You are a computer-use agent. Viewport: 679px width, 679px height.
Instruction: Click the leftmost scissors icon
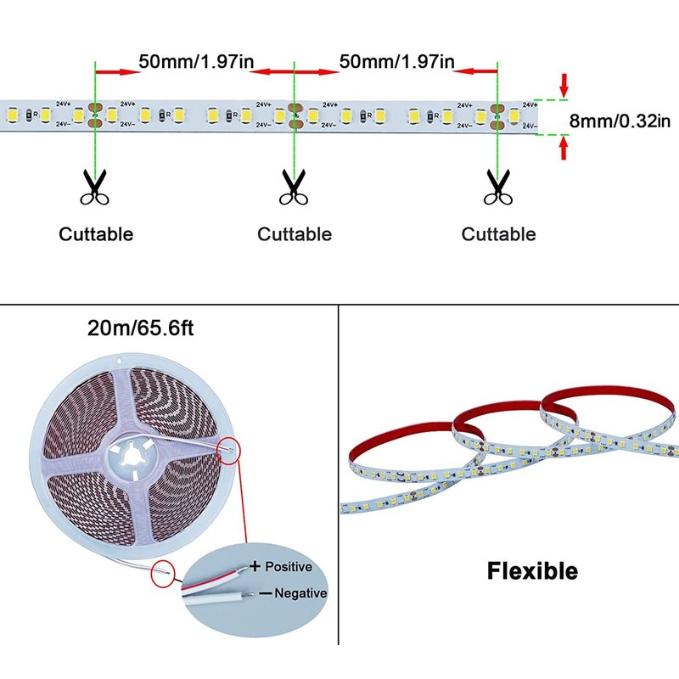pos(95,188)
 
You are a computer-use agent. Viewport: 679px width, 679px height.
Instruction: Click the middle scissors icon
pos(294,188)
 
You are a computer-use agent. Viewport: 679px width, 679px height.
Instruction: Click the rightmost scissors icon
pos(498,188)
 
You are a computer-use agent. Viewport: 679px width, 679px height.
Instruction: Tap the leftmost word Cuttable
pos(96,234)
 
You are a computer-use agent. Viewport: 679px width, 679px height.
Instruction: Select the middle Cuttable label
pos(295,234)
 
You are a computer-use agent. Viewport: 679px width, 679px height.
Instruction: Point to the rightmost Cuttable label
pos(499,234)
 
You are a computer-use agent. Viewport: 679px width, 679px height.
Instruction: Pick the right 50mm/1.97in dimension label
pos(396,61)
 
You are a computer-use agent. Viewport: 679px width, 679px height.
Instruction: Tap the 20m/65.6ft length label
pos(140,328)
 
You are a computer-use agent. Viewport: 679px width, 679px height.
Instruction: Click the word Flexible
pos(532,571)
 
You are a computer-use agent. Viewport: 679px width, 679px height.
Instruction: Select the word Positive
pos(289,566)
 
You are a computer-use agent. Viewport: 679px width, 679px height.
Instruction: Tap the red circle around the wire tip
pos(165,573)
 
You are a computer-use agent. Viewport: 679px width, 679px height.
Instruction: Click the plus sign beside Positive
pos(254,565)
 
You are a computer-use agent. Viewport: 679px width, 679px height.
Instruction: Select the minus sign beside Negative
pos(264,593)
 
